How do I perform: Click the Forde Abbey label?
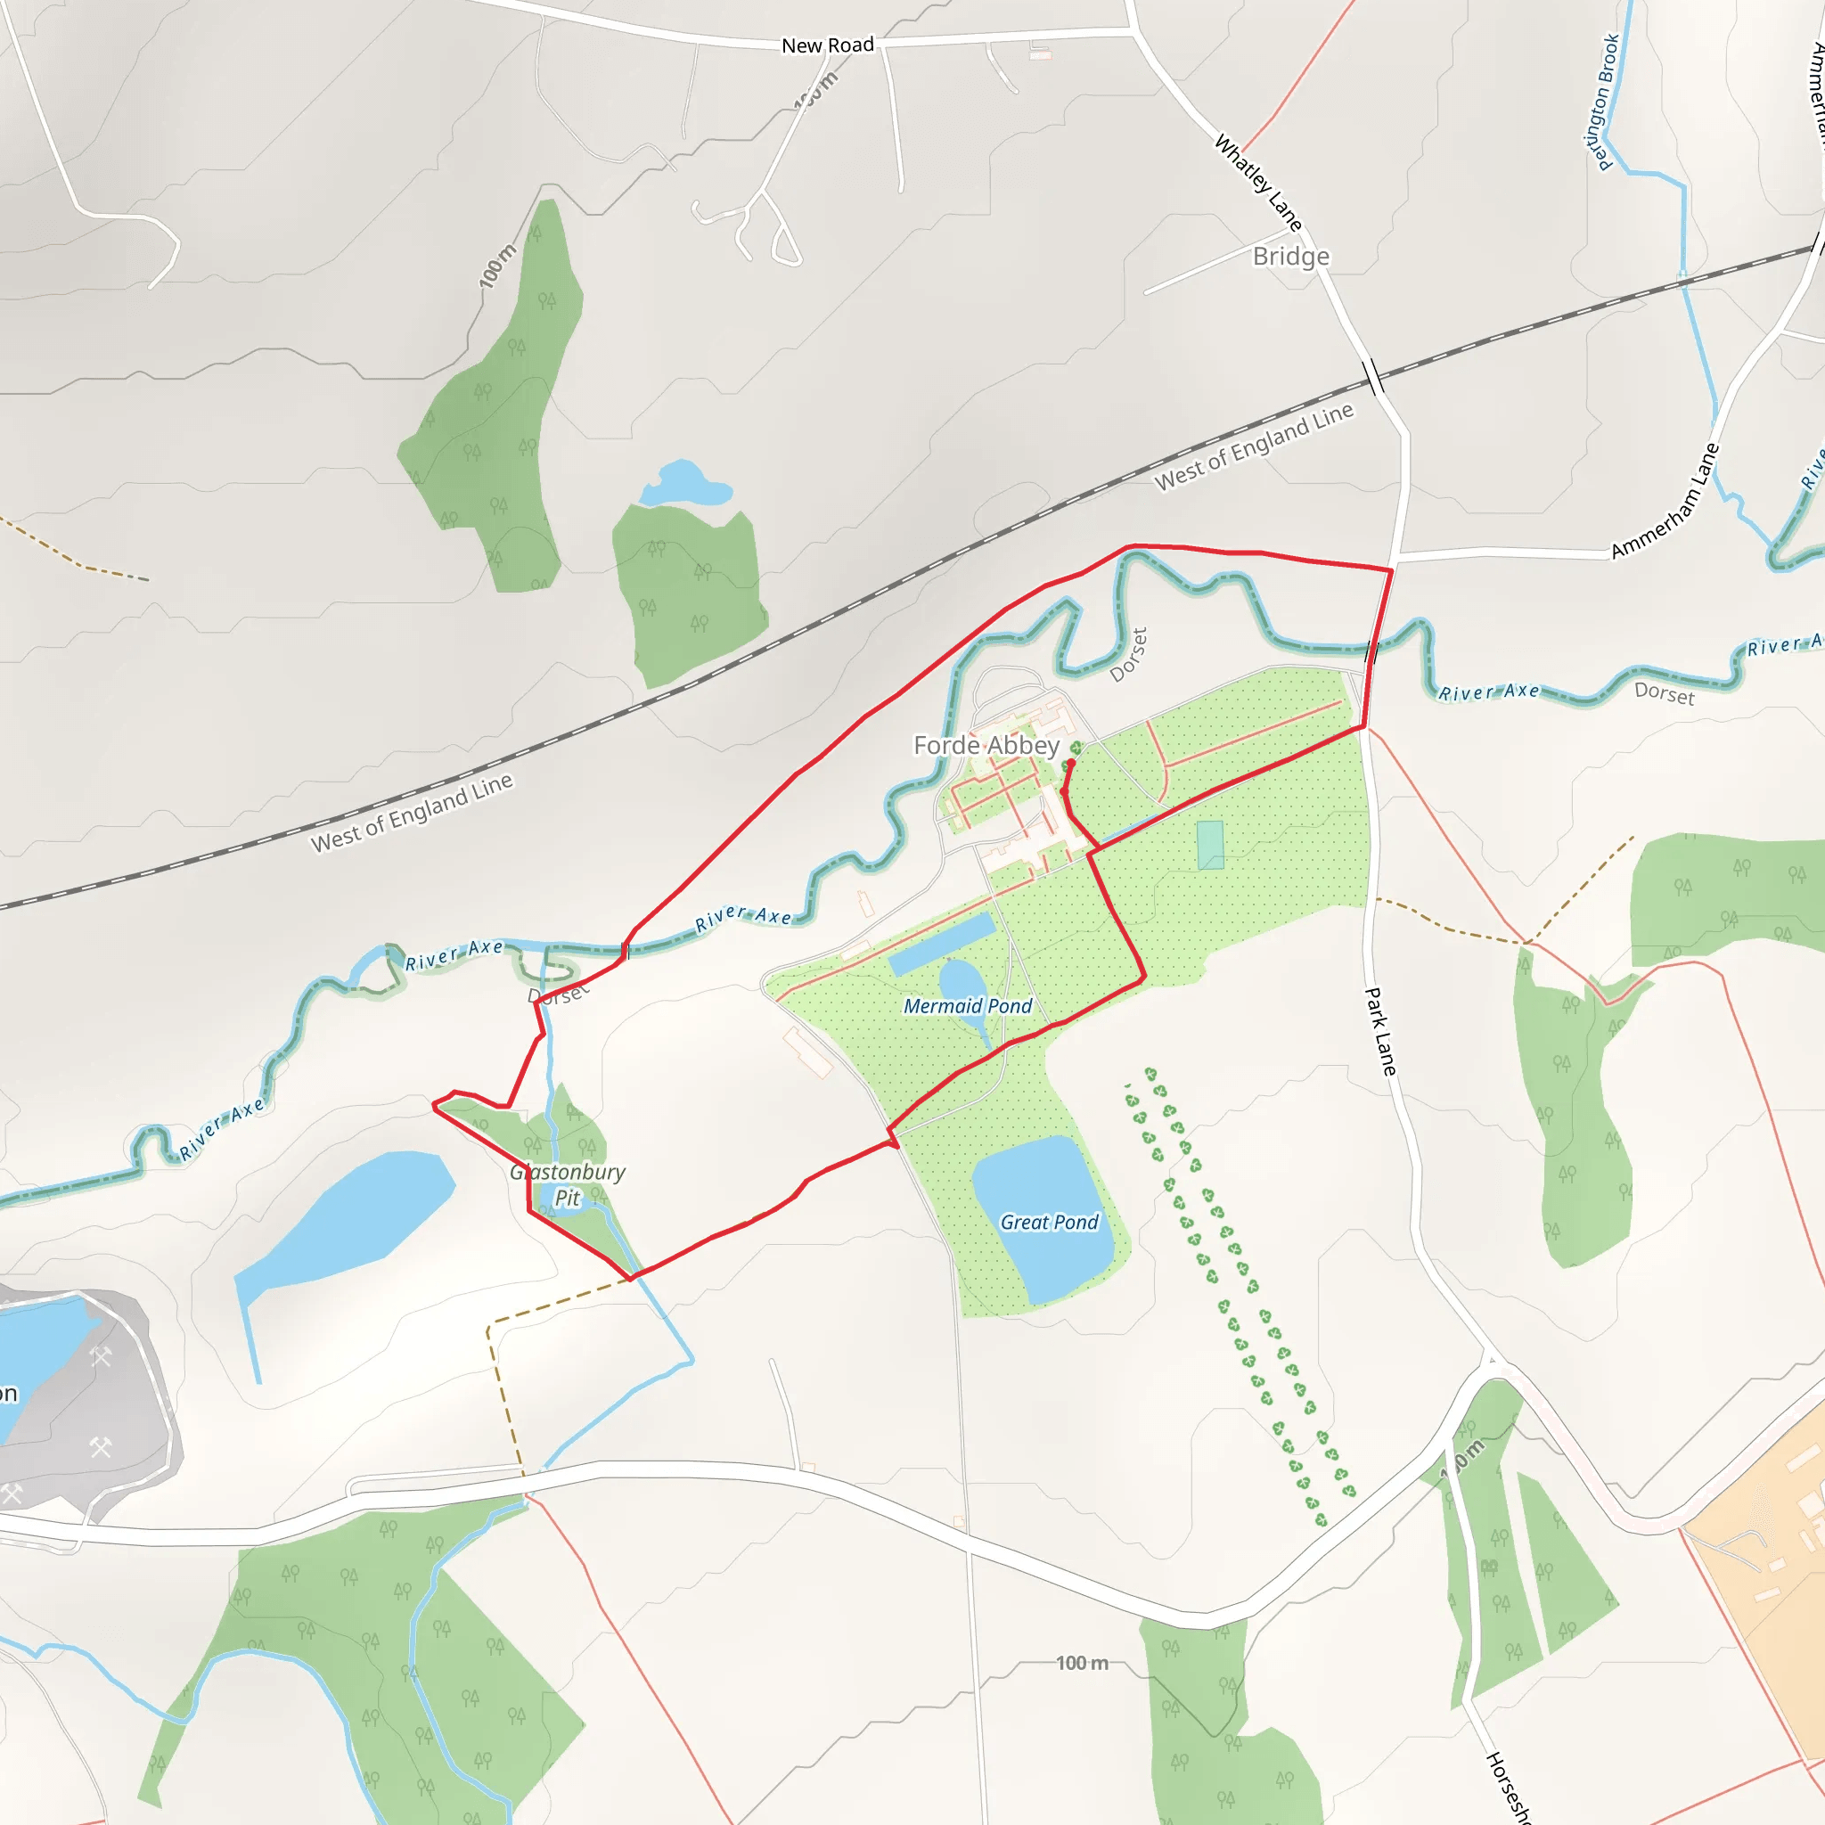click(x=986, y=745)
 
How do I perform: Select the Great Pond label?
click(x=1049, y=1223)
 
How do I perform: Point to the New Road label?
click(x=828, y=45)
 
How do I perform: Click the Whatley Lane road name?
click(x=1258, y=183)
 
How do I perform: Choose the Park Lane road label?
click(x=1380, y=1032)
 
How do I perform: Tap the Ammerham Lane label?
click(x=1665, y=501)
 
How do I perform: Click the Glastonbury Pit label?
click(x=567, y=1184)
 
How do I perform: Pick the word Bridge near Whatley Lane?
click(x=1290, y=257)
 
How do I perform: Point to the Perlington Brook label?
click(x=1602, y=102)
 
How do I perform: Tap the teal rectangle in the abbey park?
click(x=1210, y=845)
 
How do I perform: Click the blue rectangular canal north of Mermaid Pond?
click(x=942, y=944)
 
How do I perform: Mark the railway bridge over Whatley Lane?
click(x=1373, y=377)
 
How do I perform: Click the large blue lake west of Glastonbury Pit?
click(x=349, y=1218)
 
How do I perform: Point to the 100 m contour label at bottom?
click(x=1082, y=1663)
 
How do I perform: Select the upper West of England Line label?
click(x=1254, y=446)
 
